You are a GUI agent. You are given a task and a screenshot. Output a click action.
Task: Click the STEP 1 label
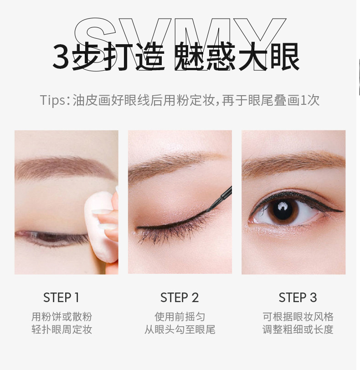(61, 297)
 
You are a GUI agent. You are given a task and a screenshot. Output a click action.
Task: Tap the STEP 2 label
(180, 297)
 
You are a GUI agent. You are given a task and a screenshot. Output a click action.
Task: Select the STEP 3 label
(298, 297)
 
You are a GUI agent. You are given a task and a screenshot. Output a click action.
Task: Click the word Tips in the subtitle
(52, 100)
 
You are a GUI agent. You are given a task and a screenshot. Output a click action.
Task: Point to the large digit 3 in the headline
(61, 57)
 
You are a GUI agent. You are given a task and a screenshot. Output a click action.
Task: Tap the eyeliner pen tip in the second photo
(211, 208)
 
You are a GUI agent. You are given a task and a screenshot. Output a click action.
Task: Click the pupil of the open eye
(283, 211)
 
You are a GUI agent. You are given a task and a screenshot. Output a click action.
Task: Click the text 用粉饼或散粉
(62, 317)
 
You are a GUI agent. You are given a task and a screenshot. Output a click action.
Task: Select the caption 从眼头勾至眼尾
(180, 329)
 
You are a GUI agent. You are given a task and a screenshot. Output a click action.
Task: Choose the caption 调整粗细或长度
(298, 329)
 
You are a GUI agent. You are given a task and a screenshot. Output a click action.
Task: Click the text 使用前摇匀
(180, 317)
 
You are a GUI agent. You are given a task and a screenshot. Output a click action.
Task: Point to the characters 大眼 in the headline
(269, 57)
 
